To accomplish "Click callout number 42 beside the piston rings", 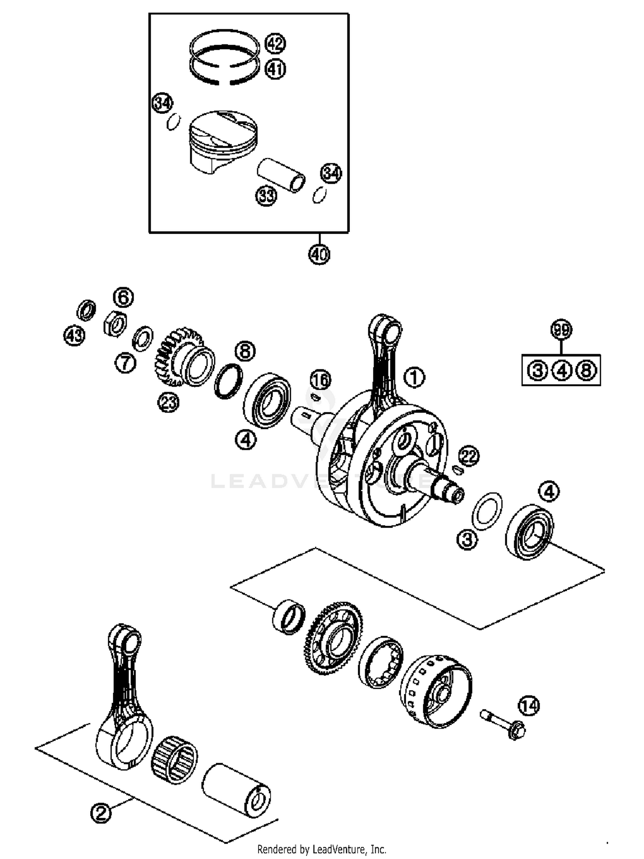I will (275, 43).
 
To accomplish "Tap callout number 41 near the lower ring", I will (275, 69).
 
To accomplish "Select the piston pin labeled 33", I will (281, 175).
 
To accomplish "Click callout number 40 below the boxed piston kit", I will (319, 255).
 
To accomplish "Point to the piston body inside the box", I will (223, 142).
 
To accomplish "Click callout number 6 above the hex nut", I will (123, 297).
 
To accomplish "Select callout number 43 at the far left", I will (74, 335).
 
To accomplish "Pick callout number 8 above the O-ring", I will (245, 351).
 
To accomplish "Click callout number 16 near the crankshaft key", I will (321, 380).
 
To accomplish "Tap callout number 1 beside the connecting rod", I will (414, 378).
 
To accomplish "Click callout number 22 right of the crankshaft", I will (469, 456).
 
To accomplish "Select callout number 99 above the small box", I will (561, 330).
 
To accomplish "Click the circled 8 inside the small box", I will (586, 370).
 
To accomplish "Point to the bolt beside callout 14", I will (502, 723).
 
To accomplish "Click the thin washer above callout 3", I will (487, 511).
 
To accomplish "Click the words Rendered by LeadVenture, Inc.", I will (322, 849).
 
